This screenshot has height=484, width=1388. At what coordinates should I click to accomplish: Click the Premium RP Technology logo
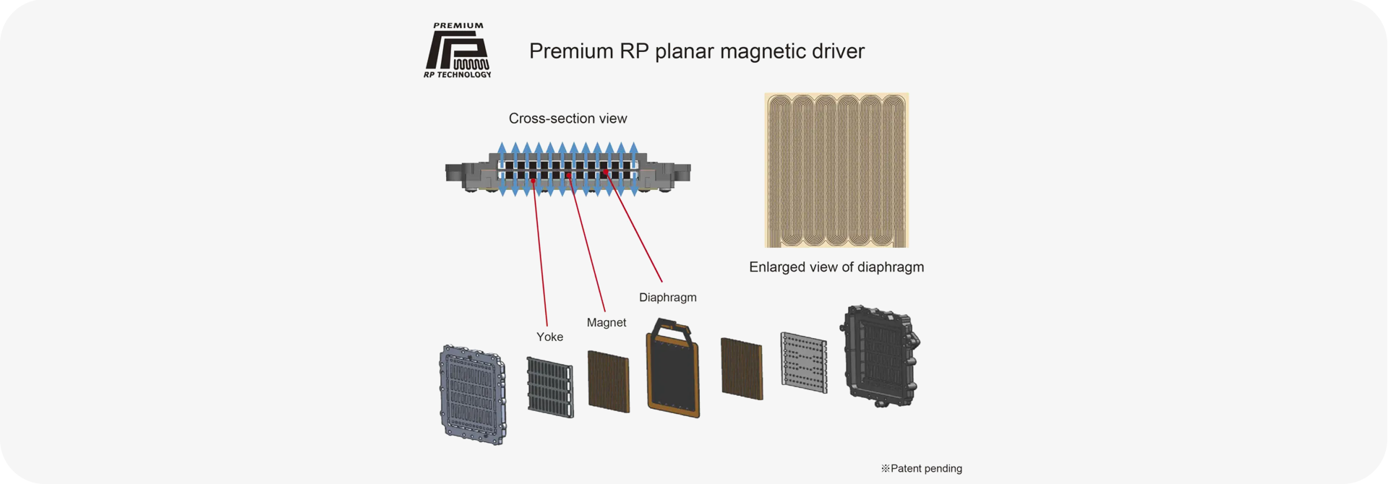pyautogui.click(x=458, y=51)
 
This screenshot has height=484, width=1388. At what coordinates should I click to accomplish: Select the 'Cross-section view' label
pyautogui.click(x=567, y=118)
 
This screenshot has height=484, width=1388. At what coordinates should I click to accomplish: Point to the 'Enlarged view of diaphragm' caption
pyautogui.click(x=836, y=267)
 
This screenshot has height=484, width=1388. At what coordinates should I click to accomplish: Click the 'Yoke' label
pyautogui.click(x=549, y=337)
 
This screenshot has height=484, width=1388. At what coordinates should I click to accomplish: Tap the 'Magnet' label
pyautogui.click(x=607, y=323)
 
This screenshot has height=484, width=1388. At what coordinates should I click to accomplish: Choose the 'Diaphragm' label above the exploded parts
pyautogui.click(x=667, y=298)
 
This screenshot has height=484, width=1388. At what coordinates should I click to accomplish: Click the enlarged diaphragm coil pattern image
pyautogui.click(x=836, y=170)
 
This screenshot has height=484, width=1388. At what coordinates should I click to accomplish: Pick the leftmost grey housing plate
pyautogui.click(x=472, y=394)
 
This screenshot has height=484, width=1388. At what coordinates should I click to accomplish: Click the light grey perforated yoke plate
pyautogui.click(x=804, y=363)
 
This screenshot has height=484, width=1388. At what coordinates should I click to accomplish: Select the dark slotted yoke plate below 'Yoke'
pyautogui.click(x=549, y=387)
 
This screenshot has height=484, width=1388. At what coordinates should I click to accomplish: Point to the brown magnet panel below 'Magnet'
pyautogui.click(x=608, y=381)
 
